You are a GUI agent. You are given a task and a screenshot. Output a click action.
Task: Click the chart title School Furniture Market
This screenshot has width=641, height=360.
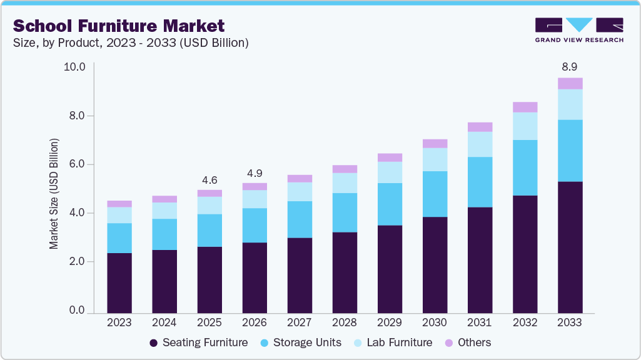pos(118,26)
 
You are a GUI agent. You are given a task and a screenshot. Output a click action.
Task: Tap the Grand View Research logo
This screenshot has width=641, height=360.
pos(578,29)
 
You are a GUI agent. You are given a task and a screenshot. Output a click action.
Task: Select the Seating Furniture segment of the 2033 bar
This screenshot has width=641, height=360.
pos(570,247)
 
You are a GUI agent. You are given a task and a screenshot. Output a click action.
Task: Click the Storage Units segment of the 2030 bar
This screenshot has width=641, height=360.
pos(435,194)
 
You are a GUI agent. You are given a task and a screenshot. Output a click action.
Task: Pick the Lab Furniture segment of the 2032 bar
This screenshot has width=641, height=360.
pos(525,126)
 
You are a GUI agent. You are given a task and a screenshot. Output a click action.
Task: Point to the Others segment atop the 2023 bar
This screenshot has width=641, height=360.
pos(119,204)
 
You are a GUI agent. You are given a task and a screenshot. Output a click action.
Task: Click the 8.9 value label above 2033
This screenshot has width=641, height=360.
pos(570,66)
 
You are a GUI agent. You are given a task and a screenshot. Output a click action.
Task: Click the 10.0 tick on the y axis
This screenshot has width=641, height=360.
pos(74,67)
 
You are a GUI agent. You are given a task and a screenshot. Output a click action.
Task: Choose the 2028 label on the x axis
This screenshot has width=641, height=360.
pos(345,323)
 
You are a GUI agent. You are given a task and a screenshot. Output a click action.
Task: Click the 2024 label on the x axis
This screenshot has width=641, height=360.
pos(164,323)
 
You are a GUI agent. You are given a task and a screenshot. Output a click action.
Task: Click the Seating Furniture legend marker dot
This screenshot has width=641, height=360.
pos(154,342)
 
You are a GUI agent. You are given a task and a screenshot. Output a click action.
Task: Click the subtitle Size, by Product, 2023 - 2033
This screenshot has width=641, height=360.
pos(131,43)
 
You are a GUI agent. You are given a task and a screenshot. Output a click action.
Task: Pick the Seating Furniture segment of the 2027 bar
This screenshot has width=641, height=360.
pos(300,275)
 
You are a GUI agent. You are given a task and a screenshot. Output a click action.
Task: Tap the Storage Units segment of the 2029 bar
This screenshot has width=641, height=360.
pos(390,204)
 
